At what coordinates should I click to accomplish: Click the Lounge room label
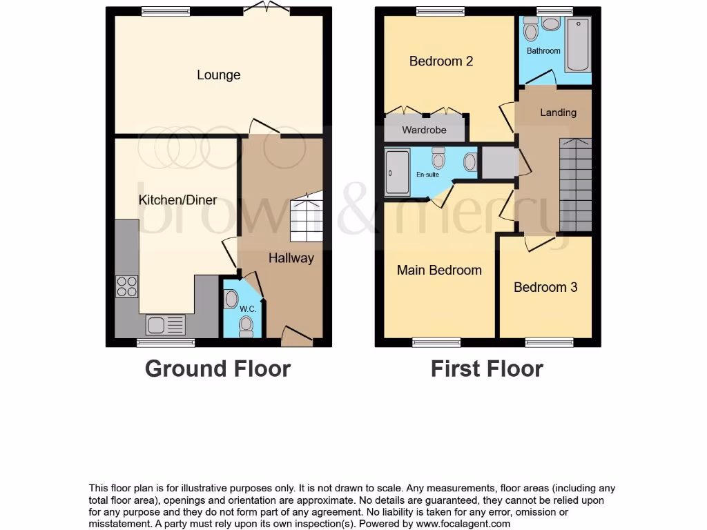218,75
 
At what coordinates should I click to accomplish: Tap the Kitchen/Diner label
177,200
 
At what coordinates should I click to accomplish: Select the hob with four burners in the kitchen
127,286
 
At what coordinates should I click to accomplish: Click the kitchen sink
166,324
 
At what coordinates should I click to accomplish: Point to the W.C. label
248,309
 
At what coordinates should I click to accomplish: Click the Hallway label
291,258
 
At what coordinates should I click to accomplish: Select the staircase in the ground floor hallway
306,217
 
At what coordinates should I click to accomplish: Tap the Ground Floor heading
217,369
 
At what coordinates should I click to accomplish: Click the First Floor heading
487,369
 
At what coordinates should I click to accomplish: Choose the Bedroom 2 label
440,61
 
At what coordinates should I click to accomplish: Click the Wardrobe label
424,130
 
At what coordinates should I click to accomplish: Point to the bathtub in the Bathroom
577,46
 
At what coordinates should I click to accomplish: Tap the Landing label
558,112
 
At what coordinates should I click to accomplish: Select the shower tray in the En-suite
398,173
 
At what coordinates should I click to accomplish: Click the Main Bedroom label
439,270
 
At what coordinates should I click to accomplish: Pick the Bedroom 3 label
545,287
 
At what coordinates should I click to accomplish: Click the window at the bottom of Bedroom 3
549,342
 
